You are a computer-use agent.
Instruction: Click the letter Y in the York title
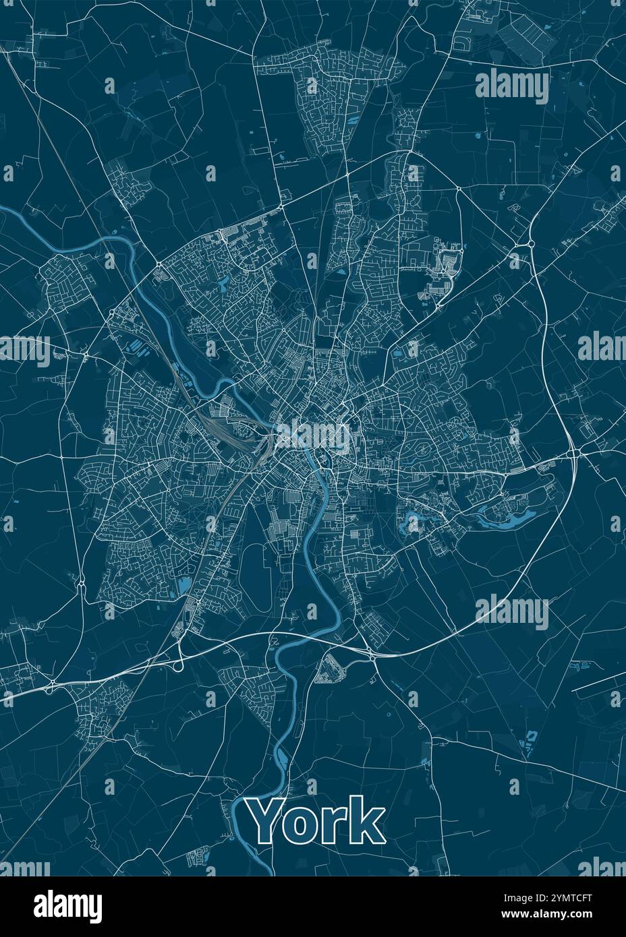pyautogui.click(x=266, y=820)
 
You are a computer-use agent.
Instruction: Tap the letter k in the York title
pyautogui.click(x=367, y=820)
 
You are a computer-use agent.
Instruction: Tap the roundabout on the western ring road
pyautogui.click(x=86, y=353)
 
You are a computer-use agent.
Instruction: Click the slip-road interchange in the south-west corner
pyautogui.click(x=51, y=686)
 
